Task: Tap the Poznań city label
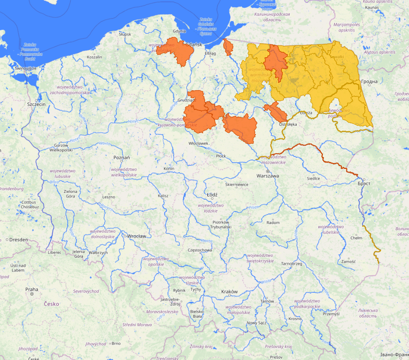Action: coord(122,158)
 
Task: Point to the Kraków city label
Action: coord(229,292)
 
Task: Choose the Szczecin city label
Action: coord(37,104)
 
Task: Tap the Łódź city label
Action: coord(212,195)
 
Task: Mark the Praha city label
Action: coord(32,289)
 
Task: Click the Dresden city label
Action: coord(18,240)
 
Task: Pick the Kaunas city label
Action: coord(372,8)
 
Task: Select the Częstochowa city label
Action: coord(201,250)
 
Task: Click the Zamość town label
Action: coord(349,261)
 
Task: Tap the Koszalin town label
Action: coord(95,57)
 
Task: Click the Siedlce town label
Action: coord(313,178)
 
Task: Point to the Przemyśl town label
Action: coord(331,314)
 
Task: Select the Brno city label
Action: coord(116,343)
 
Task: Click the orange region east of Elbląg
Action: coord(228,47)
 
